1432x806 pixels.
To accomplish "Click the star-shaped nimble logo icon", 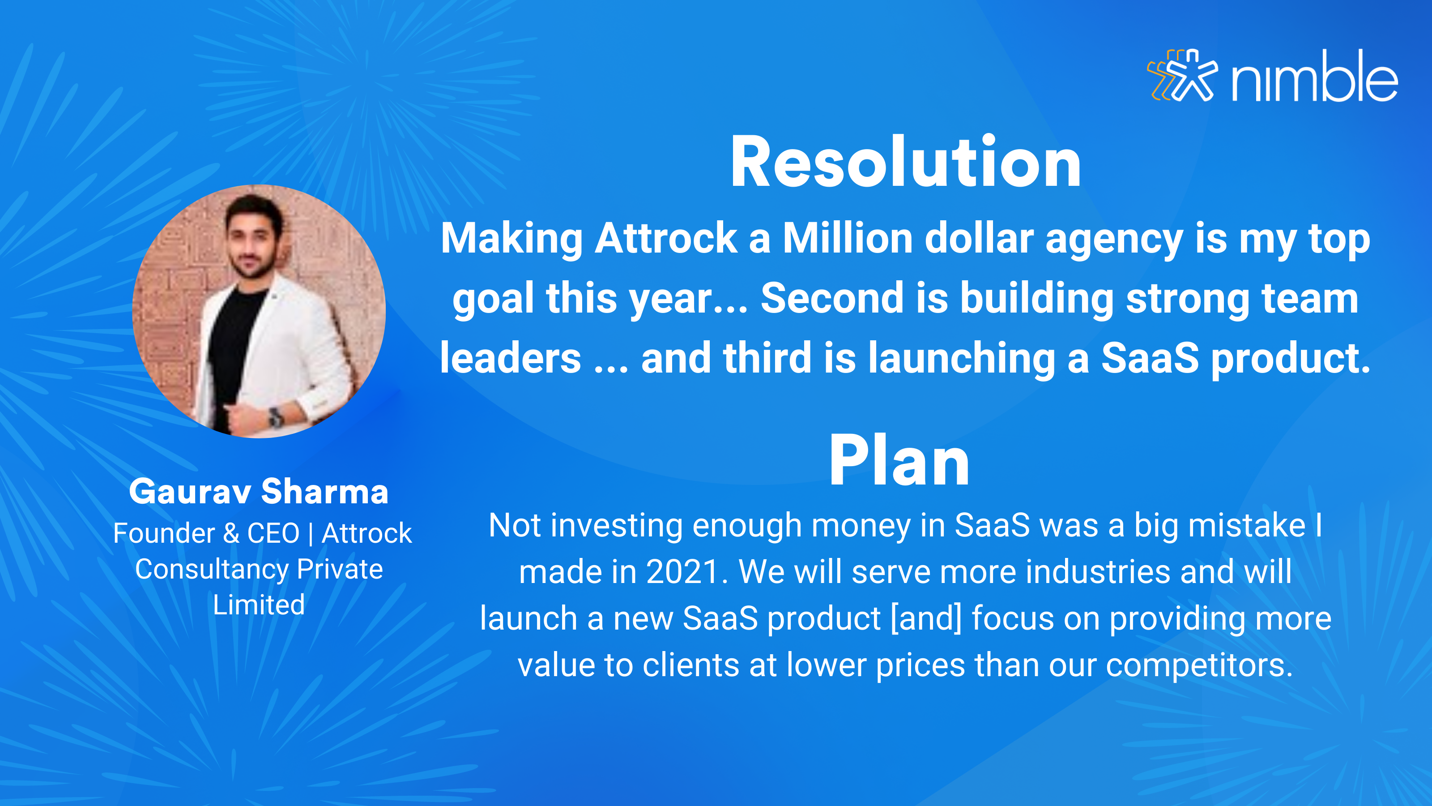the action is [x=1182, y=75].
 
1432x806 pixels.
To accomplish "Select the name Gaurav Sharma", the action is [x=259, y=492].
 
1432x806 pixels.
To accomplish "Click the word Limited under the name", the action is [x=259, y=604].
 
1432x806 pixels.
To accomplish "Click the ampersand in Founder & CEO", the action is [x=231, y=533].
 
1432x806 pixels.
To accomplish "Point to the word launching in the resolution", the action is [x=962, y=358].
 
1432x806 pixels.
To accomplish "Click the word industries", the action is [x=1098, y=572].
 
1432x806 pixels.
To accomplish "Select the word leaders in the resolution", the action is [x=510, y=358].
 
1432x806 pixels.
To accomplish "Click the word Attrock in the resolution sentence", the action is [x=665, y=238].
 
